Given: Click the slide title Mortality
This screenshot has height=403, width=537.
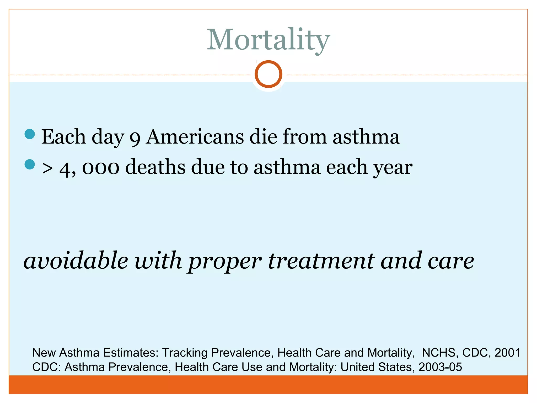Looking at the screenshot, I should [268, 40].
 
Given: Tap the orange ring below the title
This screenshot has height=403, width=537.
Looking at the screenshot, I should [268, 74].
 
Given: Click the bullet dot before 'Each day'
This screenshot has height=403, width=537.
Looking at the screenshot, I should [30, 134].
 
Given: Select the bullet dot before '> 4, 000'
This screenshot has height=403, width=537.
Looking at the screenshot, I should [30, 165].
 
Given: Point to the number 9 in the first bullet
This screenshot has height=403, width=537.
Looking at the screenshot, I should [135, 138].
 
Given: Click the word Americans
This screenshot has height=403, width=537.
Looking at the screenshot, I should [195, 137].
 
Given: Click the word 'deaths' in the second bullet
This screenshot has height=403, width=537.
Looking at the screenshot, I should [155, 167].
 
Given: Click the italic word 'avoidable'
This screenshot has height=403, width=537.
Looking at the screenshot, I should [76, 261].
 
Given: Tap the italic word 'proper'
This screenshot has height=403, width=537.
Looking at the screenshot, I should [225, 262].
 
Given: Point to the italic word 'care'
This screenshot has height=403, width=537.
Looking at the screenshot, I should [451, 261].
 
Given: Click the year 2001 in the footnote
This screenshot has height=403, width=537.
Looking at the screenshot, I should [507, 353].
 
